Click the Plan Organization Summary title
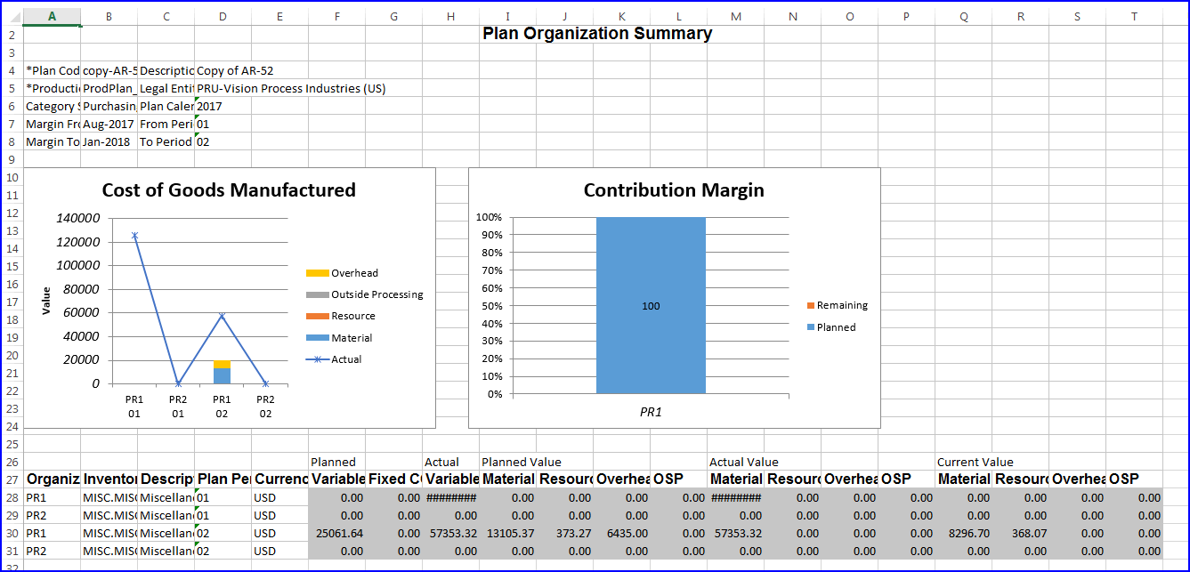(596, 34)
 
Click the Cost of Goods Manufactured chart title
(229, 189)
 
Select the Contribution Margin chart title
(674, 189)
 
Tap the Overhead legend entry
(353, 273)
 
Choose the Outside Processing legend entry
(376, 294)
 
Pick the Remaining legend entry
(841, 305)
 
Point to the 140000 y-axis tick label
(78, 218)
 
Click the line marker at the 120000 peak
(134, 236)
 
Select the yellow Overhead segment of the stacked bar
(222, 364)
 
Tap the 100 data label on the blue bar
(651, 306)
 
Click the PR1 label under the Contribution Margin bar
(651, 413)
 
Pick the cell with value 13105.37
(509, 533)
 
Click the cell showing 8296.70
(965, 533)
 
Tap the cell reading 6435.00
(623, 533)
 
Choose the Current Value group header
(975, 462)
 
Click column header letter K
(622, 16)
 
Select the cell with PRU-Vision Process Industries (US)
(291, 88)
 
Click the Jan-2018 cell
(108, 141)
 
